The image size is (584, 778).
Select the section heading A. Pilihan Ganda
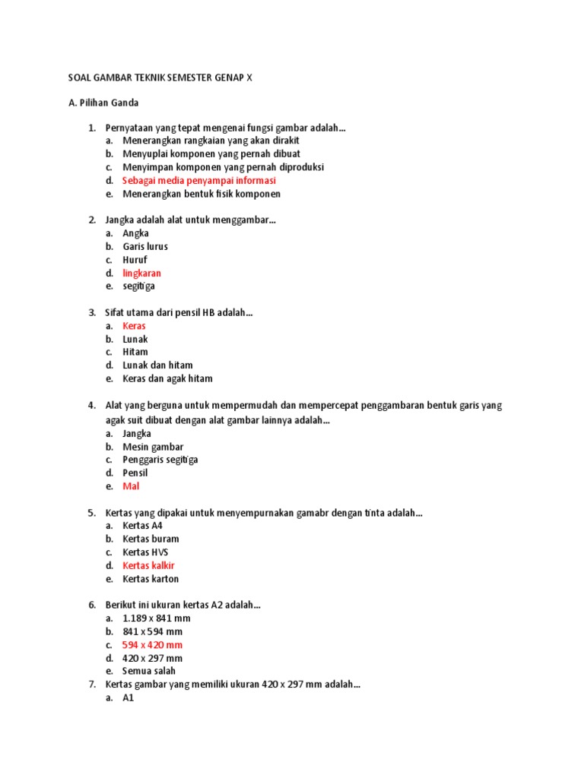pos(103,103)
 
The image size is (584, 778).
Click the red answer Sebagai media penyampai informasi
pos(199,181)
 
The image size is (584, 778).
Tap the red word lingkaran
pos(141,273)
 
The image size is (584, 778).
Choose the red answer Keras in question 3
pos(134,326)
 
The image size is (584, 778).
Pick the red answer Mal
pos(131,486)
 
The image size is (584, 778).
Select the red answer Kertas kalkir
pos(148,566)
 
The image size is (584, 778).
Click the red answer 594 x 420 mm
pos(152,645)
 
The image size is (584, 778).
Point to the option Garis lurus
pos(145,247)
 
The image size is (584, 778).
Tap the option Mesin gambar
pos(153,447)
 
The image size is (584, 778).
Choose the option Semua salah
pos(149,672)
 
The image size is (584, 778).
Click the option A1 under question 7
pos(128,698)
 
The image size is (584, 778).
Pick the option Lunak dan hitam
pos(157,365)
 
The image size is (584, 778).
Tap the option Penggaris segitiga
pos(160,460)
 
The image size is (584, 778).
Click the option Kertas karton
pos(151,579)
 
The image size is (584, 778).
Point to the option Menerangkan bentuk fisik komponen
pos(202,194)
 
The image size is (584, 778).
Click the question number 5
pos(91,514)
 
